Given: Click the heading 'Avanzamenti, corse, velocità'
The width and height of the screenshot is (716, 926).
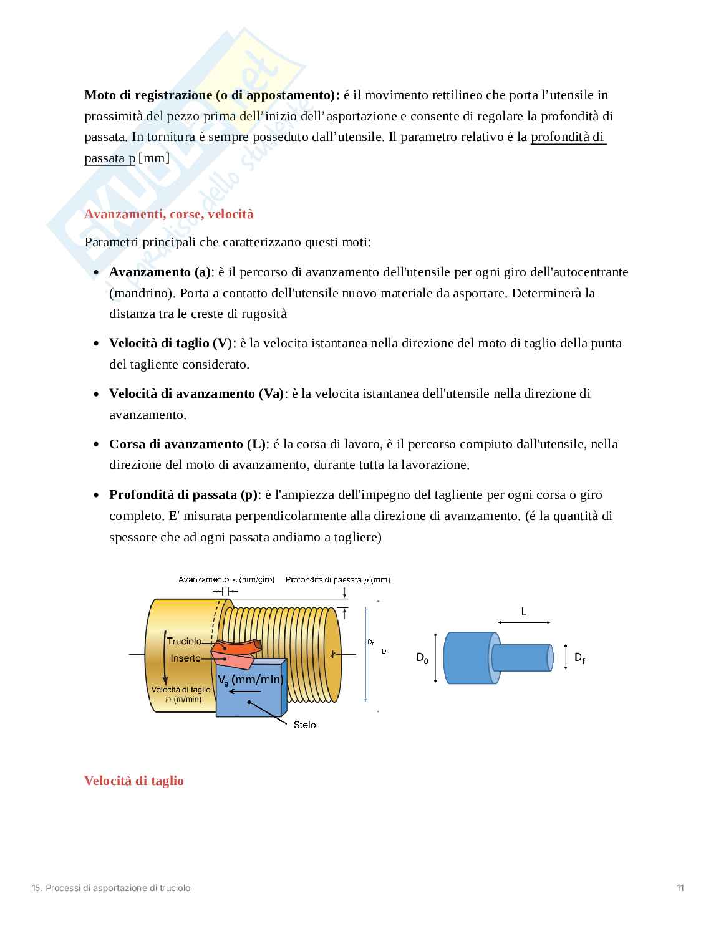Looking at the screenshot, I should tap(169, 214).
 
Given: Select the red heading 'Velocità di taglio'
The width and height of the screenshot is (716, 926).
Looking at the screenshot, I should tap(134, 781).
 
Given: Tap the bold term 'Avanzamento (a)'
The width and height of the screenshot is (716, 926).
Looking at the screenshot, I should tap(160, 272).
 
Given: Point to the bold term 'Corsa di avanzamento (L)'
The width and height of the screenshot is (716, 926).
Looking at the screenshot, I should tap(187, 444).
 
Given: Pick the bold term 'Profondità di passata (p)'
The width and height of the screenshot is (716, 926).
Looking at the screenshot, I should tap(183, 494).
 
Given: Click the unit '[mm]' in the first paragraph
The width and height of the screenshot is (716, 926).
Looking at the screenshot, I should tap(153, 158).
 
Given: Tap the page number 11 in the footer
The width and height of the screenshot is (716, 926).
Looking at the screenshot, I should tap(680, 888).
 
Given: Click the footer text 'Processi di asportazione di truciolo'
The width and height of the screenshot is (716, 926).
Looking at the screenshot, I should tap(119, 888).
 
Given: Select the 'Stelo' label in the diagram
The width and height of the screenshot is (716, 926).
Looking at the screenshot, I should tap(304, 725).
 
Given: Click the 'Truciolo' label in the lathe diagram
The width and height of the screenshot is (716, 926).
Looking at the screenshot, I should tap(184, 641).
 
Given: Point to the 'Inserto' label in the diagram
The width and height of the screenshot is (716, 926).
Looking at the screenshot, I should tap(186, 658).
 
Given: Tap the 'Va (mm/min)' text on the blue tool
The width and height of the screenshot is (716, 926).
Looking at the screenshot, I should tap(249, 679).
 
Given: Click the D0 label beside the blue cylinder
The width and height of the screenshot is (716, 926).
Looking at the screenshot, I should tap(422, 657).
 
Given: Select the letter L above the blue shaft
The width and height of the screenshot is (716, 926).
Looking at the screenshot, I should tap(523, 612).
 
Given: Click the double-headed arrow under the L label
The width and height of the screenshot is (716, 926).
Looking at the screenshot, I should tap(524, 622).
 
